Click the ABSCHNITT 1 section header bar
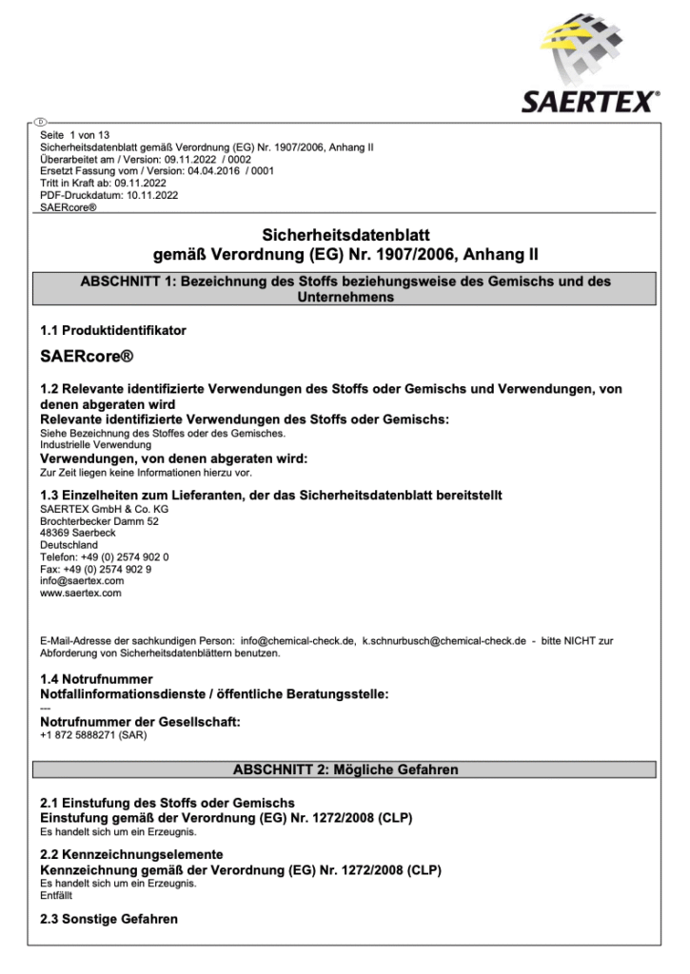tap(345, 289)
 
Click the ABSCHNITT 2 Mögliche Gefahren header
tap(345, 769)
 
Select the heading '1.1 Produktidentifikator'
tap(113, 330)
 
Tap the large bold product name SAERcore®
tap(87, 358)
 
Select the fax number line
tap(95, 569)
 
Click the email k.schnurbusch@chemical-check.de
tap(444, 641)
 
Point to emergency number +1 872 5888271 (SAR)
tap(93, 735)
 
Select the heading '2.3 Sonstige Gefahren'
tap(108, 920)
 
